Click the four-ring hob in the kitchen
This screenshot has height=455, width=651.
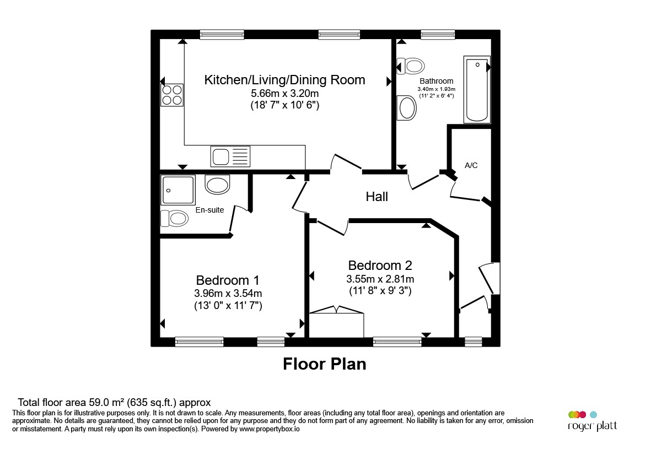172,95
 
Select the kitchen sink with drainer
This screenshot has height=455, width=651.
230,156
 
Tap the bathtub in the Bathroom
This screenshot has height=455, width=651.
477,90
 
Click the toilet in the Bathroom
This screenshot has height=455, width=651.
411,66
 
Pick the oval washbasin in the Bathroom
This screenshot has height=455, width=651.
407,108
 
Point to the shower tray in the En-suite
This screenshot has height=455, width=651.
178,190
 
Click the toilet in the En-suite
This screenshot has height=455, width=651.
174,218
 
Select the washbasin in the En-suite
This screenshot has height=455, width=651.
217,184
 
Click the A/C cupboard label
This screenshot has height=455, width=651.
471,165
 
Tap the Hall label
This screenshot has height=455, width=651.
376,196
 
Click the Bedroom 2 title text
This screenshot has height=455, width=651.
380,265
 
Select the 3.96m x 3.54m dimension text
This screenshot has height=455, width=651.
228,293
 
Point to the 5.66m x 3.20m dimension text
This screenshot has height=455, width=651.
285,93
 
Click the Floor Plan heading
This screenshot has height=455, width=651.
325,364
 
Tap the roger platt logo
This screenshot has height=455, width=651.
593,421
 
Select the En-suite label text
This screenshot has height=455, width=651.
209,210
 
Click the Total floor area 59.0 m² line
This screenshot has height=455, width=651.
114,402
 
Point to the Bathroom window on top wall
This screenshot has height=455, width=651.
438,34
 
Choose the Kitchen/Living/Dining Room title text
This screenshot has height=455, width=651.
285,80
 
